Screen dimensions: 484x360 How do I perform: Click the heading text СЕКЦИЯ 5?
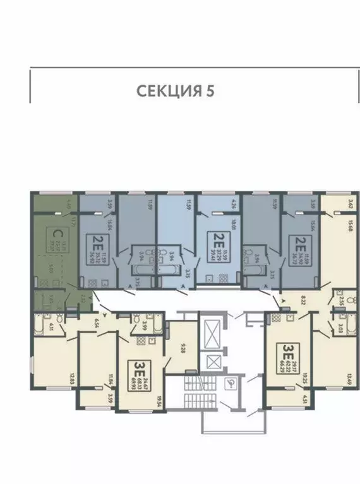176,90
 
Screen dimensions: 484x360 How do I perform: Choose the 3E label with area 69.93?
137,367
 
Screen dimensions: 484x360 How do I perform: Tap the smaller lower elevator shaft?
213,362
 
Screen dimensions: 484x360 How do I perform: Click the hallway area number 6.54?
97,323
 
